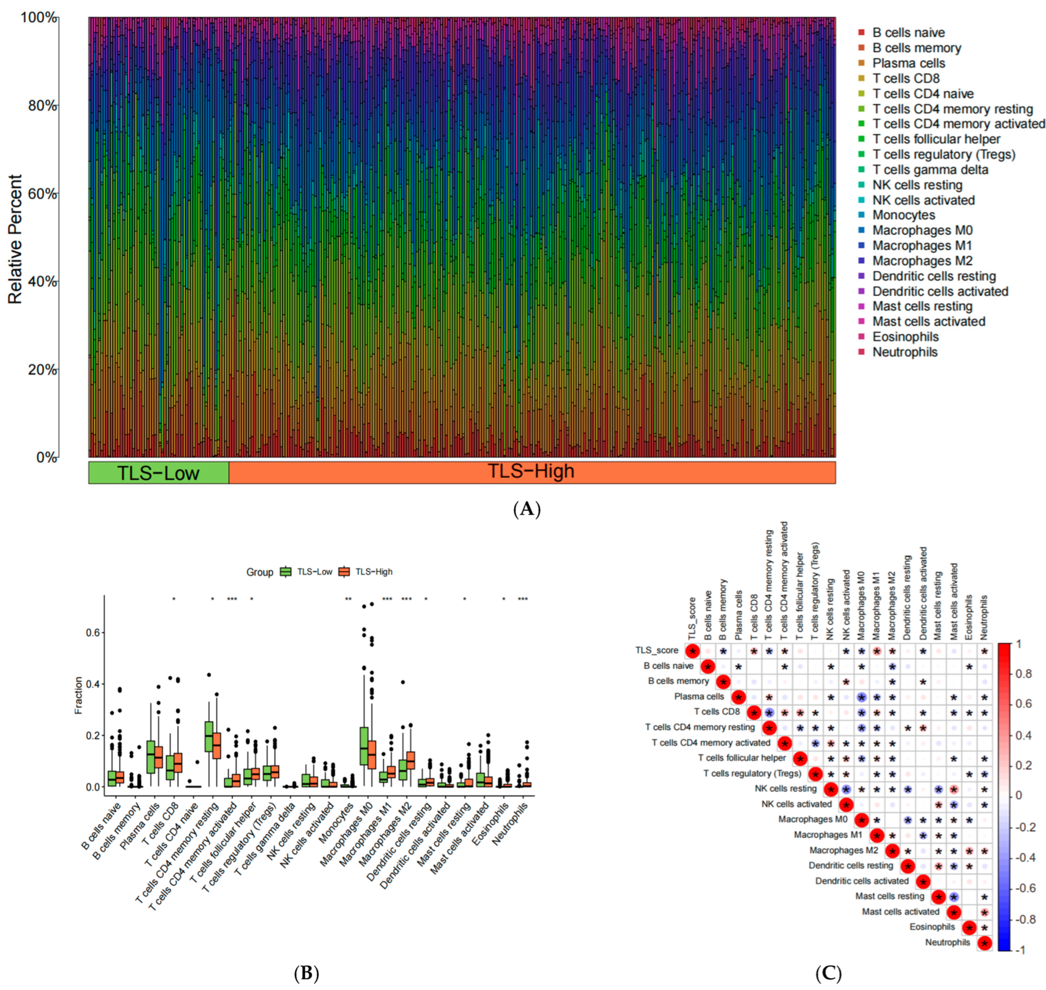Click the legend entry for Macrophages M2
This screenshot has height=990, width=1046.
(x=922, y=261)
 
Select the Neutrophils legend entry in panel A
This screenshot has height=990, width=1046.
(x=905, y=352)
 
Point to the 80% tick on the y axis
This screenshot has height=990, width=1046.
(x=42, y=106)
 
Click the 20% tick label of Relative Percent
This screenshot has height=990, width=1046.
(x=42, y=370)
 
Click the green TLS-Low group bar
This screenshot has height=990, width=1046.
(x=158, y=472)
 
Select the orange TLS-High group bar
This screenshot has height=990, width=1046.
(x=531, y=472)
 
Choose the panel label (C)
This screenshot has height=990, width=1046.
(x=828, y=973)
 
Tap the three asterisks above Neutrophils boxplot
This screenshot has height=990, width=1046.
(x=523, y=599)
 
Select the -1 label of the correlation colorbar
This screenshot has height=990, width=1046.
(x=1020, y=950)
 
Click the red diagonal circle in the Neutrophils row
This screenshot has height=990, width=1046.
(x=984, y=943)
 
